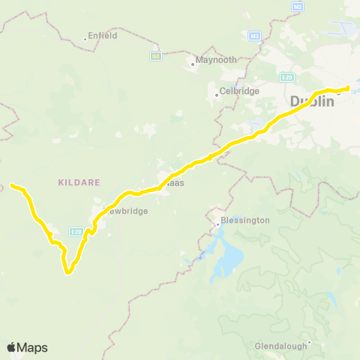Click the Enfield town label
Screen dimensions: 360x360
tap(103, 35)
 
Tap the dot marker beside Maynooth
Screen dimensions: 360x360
tap(192, 64)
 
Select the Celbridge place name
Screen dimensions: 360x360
tap(238, 91)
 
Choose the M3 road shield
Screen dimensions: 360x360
tap(255, 35)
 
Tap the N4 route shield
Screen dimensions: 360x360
tap(155, 55)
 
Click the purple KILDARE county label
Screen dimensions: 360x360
tap(74, 182)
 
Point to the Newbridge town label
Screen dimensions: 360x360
tap(124, 211)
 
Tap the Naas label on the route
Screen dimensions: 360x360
tap(174, 182)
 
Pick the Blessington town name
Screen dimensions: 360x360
tap(241, 222)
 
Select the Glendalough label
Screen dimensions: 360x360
tap(280, 346)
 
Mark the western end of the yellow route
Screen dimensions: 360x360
tap(12, 184)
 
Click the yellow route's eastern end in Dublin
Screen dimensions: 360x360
tap(348, 88)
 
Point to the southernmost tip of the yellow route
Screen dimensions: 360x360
tap(68, 272)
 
